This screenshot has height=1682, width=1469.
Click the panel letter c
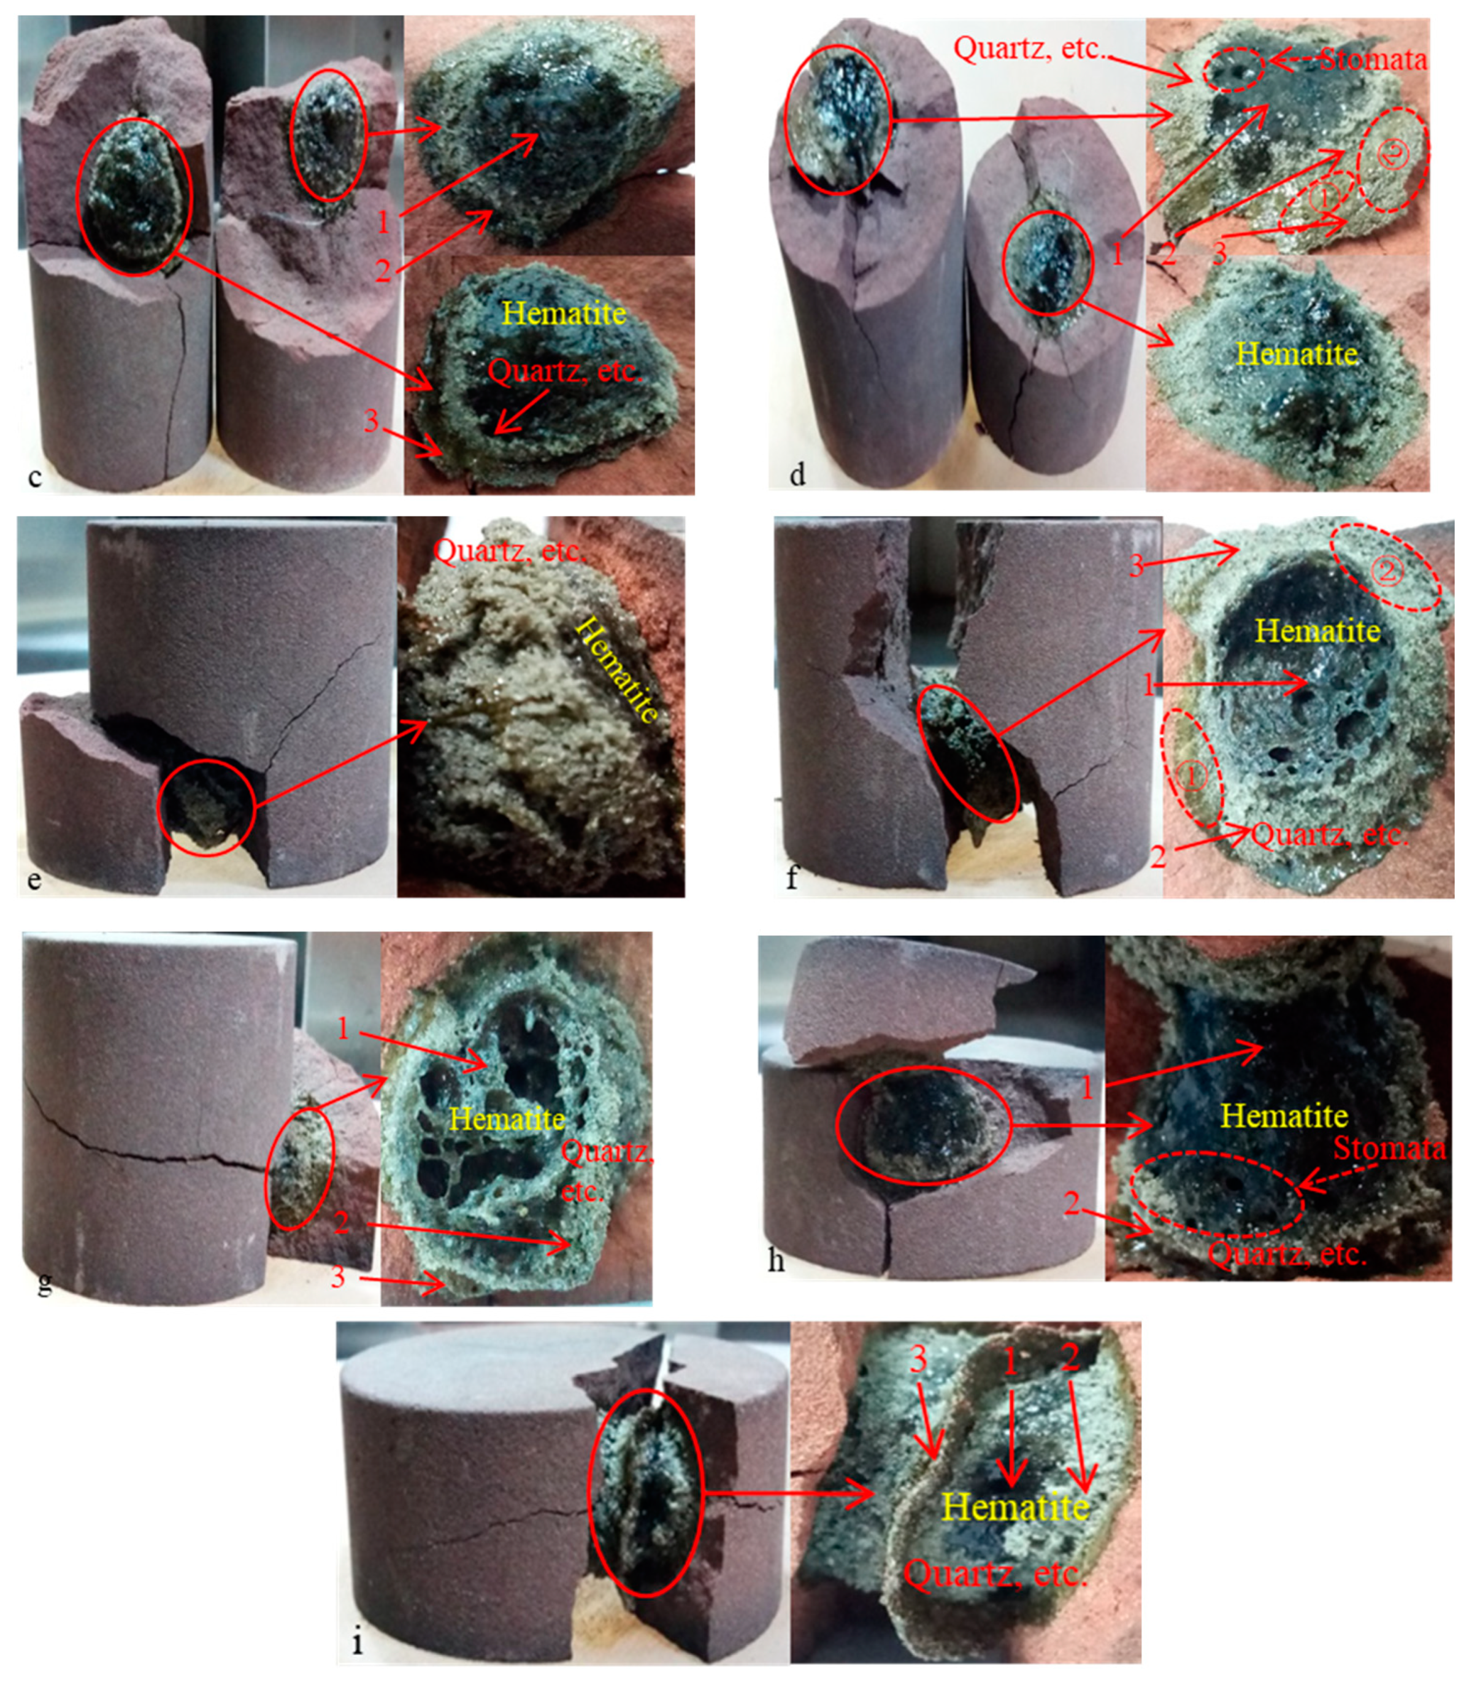(34, 476)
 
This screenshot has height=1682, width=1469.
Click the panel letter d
(797, 473)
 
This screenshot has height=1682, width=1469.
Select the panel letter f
(792, 878)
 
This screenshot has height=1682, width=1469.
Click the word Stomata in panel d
(1372, 59)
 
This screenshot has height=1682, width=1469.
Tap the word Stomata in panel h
(1389, 1148)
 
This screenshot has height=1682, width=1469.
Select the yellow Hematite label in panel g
(507, 1119)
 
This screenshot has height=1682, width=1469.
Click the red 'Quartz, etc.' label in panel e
(509, 551)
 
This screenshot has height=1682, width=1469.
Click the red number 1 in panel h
(1087, 1088)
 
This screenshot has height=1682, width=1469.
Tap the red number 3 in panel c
(371, 420)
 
